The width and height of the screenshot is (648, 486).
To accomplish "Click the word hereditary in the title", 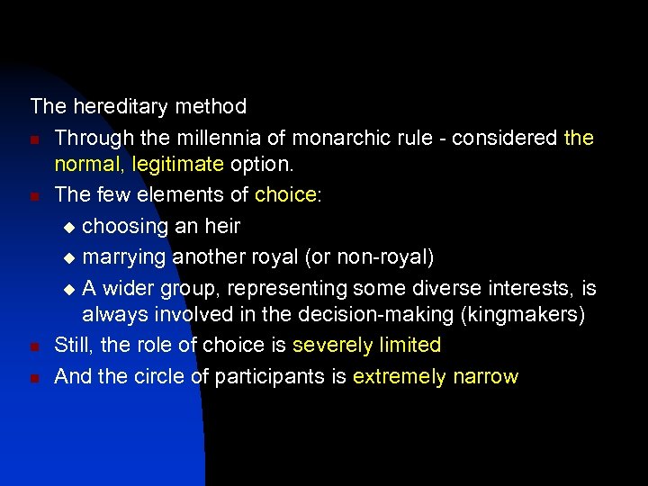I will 118,106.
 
